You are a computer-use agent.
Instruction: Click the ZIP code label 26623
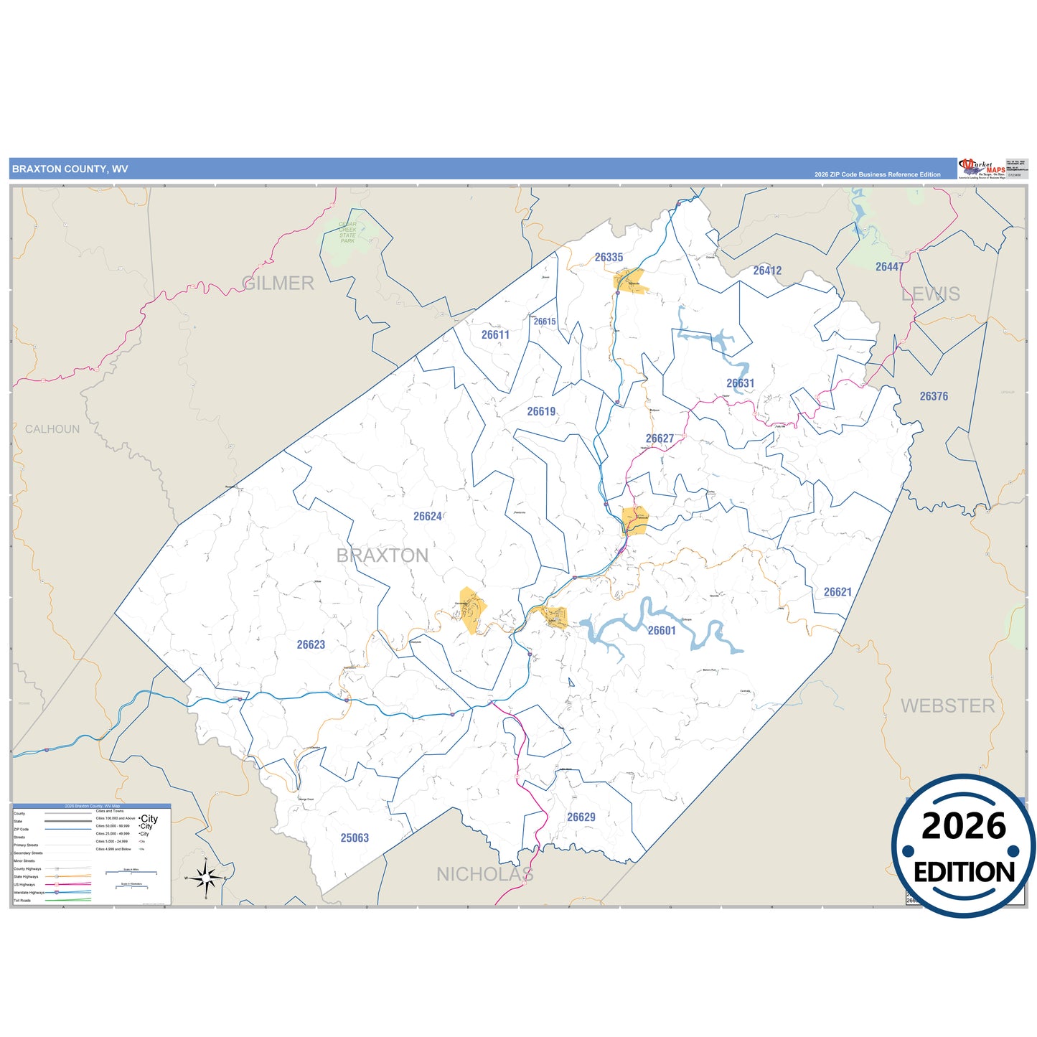(x=311, y=644)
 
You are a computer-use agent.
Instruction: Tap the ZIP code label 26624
(x=428, y=516)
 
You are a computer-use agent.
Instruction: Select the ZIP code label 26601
(x=662, y=630)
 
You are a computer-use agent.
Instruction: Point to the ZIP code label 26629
(x=581, y=817)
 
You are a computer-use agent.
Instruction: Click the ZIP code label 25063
(x=355, y=837)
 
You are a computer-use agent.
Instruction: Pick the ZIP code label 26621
(x=837, y=592)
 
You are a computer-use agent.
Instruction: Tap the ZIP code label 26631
(x=740, y=383)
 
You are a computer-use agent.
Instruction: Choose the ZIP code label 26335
(x=609, y=257)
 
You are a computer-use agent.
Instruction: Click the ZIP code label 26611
(x=495, y=334)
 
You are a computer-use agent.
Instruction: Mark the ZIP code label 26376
(x=934, y=396)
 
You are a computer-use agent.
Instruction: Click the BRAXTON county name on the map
(x=383, y=555)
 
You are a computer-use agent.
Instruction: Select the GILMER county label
(x=278, y=283)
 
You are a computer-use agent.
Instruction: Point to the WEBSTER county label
(x=947, y=706)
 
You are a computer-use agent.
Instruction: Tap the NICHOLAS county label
(x=485, y=874)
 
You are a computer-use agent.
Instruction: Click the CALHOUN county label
(x=52, y=429)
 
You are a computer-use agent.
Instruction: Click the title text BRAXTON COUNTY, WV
(x=70, y=169)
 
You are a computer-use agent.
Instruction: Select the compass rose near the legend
(x=206, y=877)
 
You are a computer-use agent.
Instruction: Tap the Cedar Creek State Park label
(x=347, y=233)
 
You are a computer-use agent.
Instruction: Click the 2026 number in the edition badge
(x=963, y=827)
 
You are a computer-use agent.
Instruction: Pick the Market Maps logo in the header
(x=982, y=169)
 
